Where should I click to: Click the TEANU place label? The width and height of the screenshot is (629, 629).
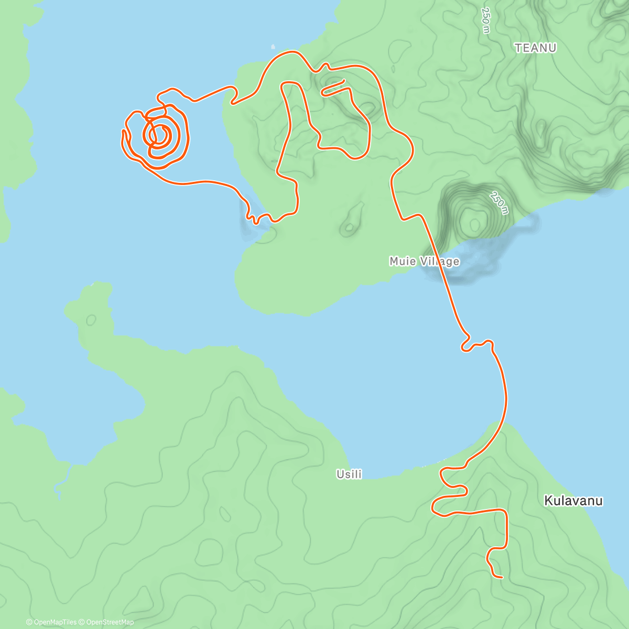tap(535, 48)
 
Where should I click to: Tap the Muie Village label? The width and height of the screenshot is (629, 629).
tap(424, 261)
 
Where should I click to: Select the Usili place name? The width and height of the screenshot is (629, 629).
tap(349, 474)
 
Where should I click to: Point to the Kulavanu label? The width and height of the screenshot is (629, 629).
tap(573, 501)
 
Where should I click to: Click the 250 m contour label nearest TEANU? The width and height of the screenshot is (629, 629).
tap(486, 21)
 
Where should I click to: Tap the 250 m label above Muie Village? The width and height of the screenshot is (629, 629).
tap(499, 203)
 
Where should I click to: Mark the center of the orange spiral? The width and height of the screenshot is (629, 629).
tap(158, 135)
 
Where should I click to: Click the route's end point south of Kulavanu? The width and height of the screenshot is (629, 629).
tap(502, 578)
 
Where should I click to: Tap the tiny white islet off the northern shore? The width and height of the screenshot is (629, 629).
tap(273, 46)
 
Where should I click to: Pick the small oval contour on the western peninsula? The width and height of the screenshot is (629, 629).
tap(91, 319)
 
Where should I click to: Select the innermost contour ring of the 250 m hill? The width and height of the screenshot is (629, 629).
tap(474, 225)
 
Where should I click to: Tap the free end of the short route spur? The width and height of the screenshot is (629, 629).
tap(344, 80)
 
